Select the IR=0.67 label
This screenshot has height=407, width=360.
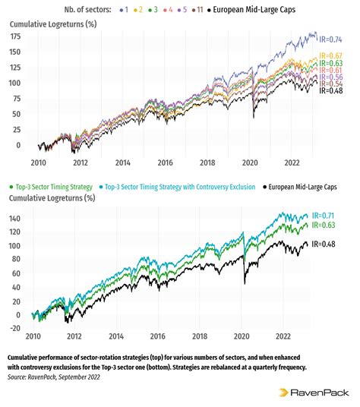tap(332, 55)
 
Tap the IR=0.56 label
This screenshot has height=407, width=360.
tap(332, 77)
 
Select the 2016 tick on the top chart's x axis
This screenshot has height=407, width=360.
tap(163, 162)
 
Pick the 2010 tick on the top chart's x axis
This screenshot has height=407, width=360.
tap(38, 162)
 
